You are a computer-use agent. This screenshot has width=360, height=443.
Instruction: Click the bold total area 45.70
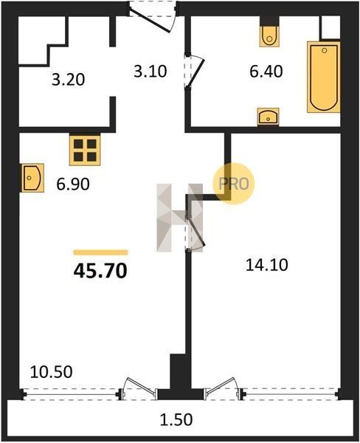tap(100, 270)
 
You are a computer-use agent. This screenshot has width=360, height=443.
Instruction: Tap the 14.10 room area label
tap(266, 265)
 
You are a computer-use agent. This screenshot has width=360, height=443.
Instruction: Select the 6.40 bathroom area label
tap(266, 71)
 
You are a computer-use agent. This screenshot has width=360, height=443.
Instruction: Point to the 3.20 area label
tap(69, 80)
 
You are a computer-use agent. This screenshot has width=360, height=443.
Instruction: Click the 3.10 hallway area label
tap(150, 71)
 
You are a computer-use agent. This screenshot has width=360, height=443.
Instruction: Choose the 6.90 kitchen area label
tap(73, 184)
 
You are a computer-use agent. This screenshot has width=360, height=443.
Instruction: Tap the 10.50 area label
tap(52, 371)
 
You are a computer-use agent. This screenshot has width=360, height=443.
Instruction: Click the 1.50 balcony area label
tap(176, 419)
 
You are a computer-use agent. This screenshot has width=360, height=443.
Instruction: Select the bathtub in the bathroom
tap(324, 77)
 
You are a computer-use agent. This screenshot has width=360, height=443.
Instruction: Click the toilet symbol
tap(269, 36)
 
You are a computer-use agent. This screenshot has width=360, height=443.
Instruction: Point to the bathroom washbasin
tap(268, 117)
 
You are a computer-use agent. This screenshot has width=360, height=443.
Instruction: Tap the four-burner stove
tap(85, 151)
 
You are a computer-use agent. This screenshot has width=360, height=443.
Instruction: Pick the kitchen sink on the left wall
tap(32, 178)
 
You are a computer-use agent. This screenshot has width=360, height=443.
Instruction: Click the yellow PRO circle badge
tap(234, 184)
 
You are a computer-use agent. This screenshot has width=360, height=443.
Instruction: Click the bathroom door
tap(195, 71)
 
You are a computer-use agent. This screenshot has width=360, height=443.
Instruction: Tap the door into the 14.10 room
tap(195, 233)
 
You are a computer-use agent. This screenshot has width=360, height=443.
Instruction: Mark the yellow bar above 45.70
tap(100, 253)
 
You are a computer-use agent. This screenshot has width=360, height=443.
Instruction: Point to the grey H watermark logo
tap(179, 218)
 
